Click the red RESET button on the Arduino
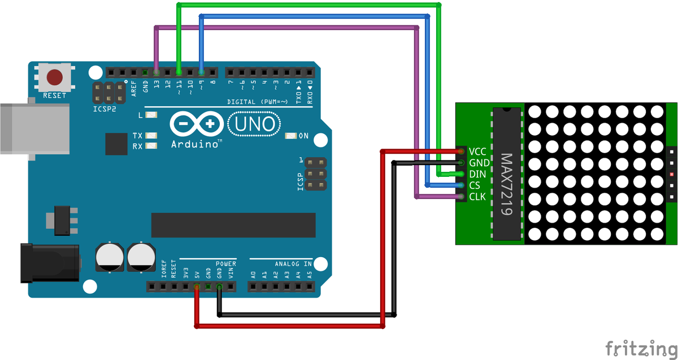[54, 77]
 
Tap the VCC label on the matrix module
[477, 151]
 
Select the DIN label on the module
[477, 174]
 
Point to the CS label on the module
[475, 185]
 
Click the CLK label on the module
[477, 197]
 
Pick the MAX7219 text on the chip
[507, 184]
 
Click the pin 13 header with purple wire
[157, 72]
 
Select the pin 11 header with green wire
[179, 72]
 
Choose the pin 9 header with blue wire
[202, 72]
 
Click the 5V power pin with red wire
[197, 287]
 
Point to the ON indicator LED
[290, 136]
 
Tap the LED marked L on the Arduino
[151, 115]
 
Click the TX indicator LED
[151, 136]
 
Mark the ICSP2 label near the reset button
[105, 108]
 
